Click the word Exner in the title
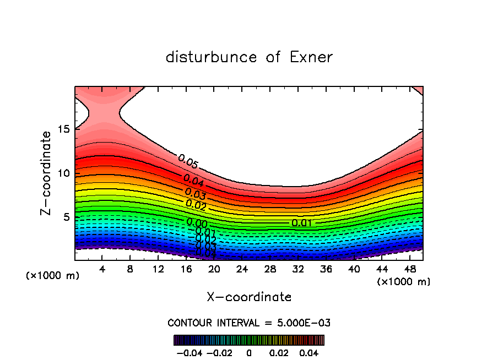tap(311, 57)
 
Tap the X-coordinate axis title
tap(249, 297)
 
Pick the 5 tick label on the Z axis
tap(66, 217)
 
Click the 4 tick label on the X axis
tap(102, 269)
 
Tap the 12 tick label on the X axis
tap(159, 269)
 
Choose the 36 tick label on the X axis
tap(326, 269)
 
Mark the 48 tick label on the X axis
tap(409, 269)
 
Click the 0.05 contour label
tap(188, 161)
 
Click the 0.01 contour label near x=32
tap(302, 223)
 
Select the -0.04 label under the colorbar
tap(187, 352)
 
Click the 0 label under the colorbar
tap(249, 352)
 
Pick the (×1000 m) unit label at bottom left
tap(53, 275)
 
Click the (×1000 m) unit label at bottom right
tap(404, 281)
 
